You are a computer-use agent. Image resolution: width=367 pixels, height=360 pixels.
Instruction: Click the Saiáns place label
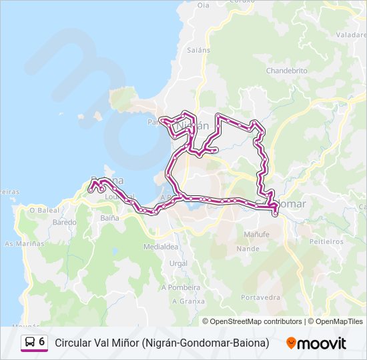199,50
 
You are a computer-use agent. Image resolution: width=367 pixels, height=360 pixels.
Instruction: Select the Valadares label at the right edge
352,35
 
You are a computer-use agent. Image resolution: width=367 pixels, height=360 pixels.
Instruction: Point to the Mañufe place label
256,235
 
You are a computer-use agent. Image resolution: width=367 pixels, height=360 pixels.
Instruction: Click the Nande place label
248,249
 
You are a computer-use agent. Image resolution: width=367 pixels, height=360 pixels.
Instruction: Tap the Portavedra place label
260,297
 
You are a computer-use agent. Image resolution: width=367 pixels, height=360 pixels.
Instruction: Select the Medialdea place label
161,247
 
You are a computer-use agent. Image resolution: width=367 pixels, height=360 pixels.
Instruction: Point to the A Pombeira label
186,287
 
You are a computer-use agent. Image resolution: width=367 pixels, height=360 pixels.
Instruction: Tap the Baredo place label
64,222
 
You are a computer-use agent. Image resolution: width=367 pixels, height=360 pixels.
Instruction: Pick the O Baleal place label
45,210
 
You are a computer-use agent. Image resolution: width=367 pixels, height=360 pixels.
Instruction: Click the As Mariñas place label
25,243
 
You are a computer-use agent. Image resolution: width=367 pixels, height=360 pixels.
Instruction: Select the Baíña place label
109,218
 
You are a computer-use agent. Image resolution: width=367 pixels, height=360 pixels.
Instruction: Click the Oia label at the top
203,5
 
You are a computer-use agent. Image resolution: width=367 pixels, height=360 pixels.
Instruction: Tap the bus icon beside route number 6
30,342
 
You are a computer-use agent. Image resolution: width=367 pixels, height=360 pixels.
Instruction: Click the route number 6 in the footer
42,342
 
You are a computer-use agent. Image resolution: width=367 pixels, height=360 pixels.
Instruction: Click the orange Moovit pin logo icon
291,343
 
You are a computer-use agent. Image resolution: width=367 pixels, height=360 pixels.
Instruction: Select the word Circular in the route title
73,343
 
